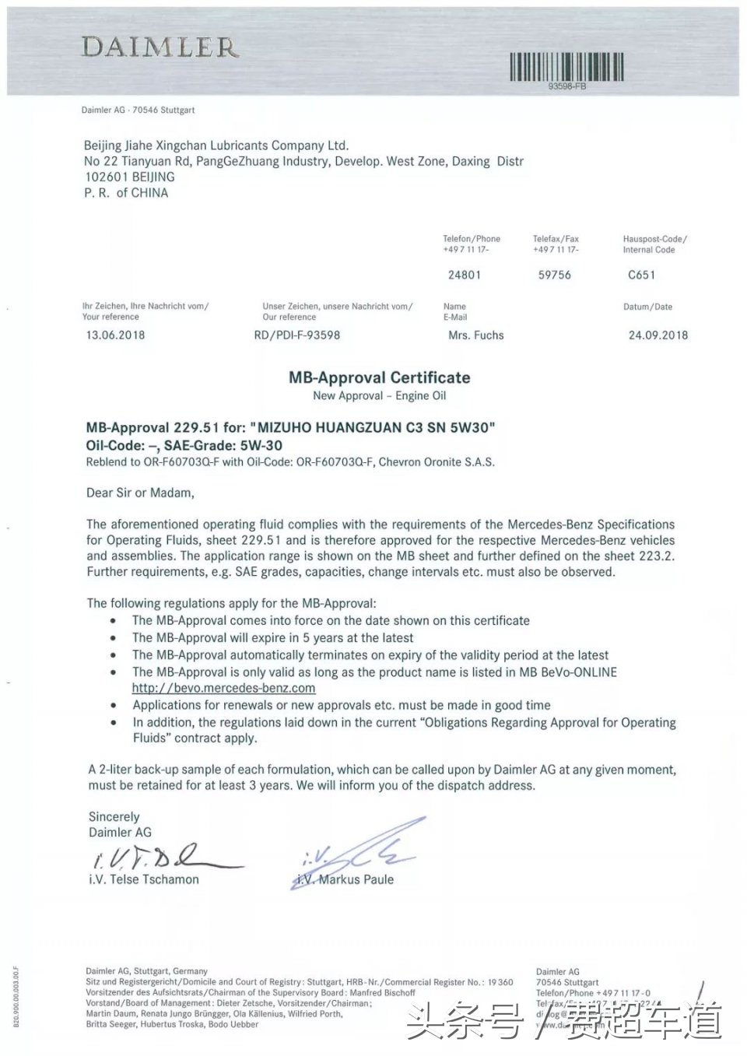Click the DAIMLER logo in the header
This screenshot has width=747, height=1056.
160,47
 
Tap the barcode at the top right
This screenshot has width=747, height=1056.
566,67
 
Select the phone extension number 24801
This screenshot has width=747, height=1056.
465,275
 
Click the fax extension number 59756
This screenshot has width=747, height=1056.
555,275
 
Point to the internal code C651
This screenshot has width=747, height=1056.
642,275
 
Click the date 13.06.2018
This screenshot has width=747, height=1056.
115,335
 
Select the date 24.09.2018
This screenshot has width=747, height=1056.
658,335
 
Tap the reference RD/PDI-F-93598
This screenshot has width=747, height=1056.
297,335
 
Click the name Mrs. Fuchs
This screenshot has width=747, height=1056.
476,335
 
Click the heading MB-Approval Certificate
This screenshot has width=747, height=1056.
380,377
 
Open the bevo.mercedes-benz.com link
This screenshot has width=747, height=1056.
223,688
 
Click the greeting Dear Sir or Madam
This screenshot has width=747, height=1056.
140,493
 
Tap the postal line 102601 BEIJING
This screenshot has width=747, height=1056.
130,177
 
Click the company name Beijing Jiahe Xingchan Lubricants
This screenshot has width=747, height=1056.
216,146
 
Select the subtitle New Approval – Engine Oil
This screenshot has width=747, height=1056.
380,395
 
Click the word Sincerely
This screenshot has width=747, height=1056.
114,816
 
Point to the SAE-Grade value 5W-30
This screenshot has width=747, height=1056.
261,446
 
